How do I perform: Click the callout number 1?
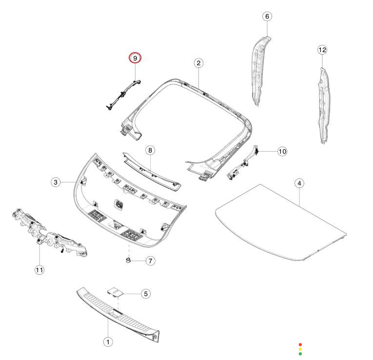pos(108,342)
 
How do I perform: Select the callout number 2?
pos(198,63)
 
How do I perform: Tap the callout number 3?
pos(56,182)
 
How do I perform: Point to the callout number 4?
pos(299,183)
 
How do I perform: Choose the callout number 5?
pos(145,294)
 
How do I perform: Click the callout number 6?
pos(267,17)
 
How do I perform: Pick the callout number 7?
pos(150,261)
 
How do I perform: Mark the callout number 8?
pos(150,150)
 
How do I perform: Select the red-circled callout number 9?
pos(135,58)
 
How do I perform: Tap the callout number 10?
pos(282,152)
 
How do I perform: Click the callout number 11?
pos(39,269)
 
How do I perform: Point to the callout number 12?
pos(322,50)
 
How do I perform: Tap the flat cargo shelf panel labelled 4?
pos(278,219)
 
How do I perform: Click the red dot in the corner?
pos(300,344)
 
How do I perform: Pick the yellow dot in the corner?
pos(300,349)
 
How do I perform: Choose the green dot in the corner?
pos(300,354)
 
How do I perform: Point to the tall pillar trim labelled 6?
pos(261,68)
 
